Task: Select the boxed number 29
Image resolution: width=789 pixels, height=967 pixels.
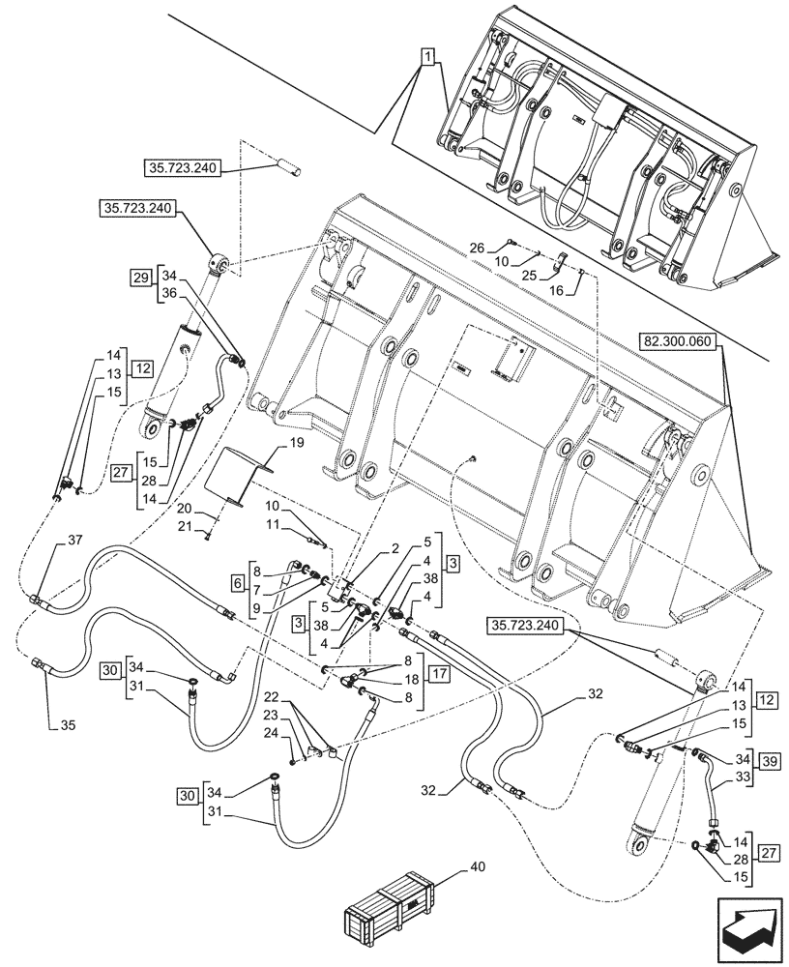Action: click(x=140, y=278)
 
